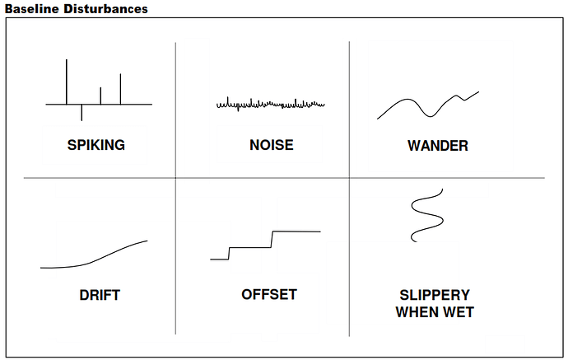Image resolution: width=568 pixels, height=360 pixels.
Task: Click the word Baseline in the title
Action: pyautogui.click(x=32, y=9)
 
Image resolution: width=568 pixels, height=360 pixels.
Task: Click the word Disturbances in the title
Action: pyautogui.click(x=105, y=9)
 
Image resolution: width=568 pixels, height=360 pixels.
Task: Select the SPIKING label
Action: pyautogui.click(x=96, y=145)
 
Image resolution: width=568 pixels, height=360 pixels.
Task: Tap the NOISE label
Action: pyautogui.click(x=272, y=145)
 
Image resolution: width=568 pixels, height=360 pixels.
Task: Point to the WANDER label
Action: pyautogui.click(x=438, y=146)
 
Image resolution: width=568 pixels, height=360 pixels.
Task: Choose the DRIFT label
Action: pyautogui.click(x=100, y=295)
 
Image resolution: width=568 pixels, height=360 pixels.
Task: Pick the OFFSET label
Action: pyautogui.click(x=269, y=294)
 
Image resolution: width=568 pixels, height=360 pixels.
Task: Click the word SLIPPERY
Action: pyautogui.click(x=435, y=295)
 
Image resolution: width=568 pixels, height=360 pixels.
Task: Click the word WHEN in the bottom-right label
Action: pyautogui.click(x=417, y=312)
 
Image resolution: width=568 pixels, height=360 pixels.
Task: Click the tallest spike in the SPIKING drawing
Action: pyautogui.click(x=67, y=82)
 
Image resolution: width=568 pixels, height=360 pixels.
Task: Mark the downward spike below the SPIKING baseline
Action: pyautogui.click(x=81, y=112)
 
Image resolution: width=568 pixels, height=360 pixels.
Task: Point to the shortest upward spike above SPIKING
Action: pyautogui.click(x=100, y=96)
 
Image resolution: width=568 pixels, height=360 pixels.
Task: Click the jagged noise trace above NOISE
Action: pyautogui.click(x=271, y=105)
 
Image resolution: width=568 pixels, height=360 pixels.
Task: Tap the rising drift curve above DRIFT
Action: pyautogui.click(x=94, y=261)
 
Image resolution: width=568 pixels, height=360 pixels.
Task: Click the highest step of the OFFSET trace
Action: pyautogui.click(x=296, y=231)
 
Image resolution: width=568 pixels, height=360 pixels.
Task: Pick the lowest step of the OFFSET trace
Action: pyautogui.click(x=219, y=259)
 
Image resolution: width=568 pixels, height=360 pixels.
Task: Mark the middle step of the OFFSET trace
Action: pyautogui.click(x=250, y=248)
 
